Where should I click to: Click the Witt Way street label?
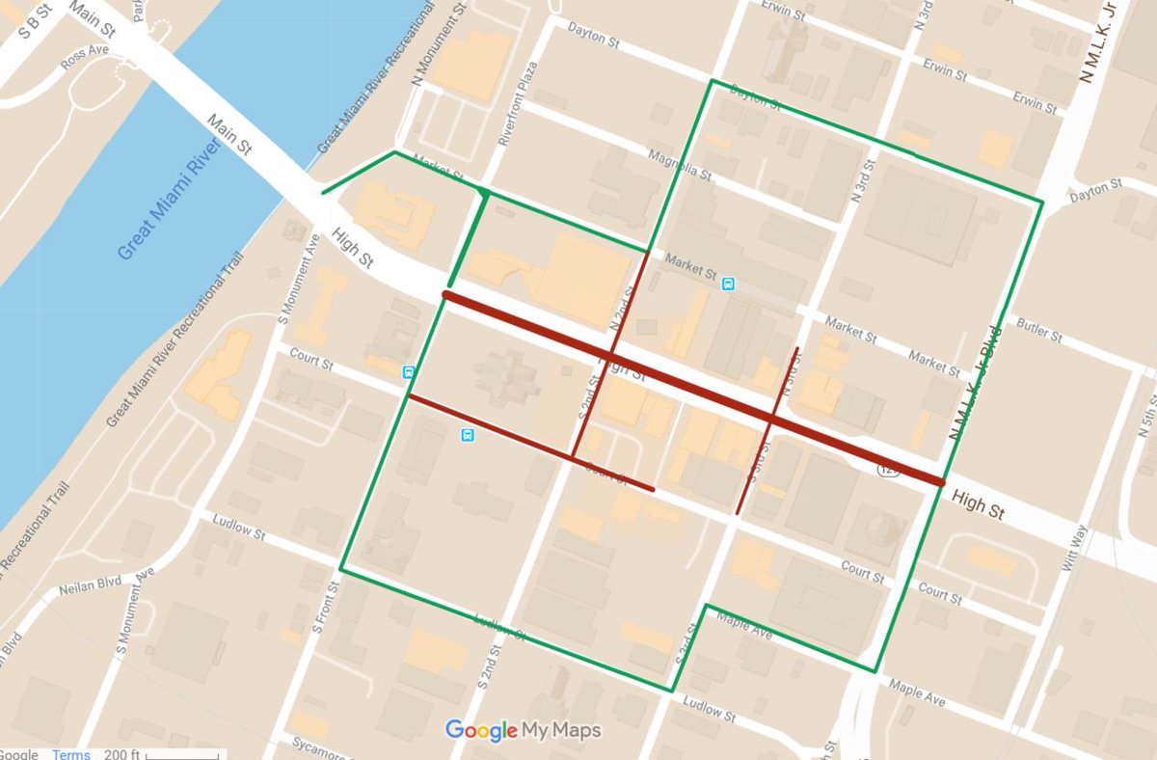pyautogui.click(x=1079, y=549)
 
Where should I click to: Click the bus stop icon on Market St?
pyautogui.click(x=728, y=284)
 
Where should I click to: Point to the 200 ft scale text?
pyautogui.click(x=121, y=754)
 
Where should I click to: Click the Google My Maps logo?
pyautogui.click(x=523, y=730)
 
